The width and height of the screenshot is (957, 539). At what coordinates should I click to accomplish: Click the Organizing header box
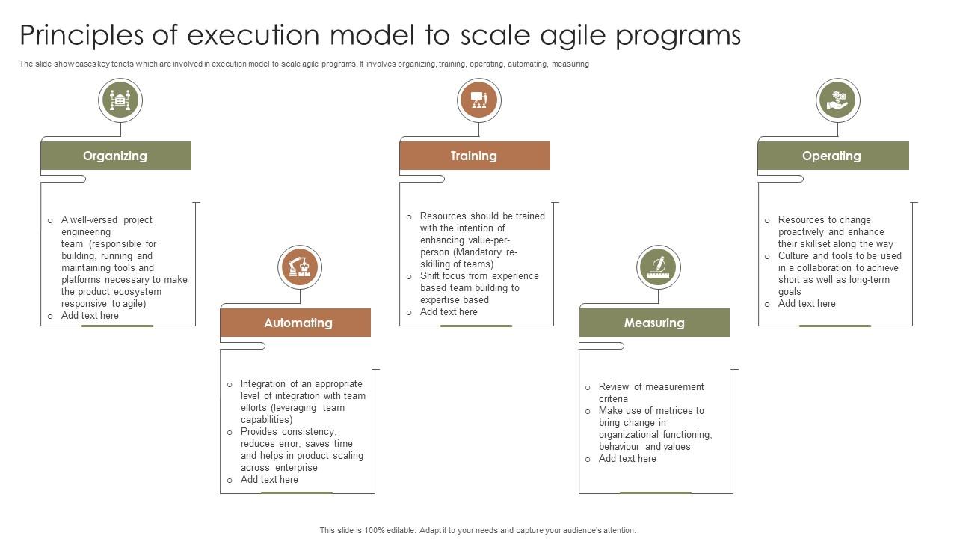coord(116,156)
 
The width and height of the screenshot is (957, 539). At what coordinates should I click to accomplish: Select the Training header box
coord(475,156)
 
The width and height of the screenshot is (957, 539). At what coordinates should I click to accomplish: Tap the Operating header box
coord(833,156)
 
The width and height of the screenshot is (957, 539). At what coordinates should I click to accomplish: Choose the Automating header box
coord(295,323)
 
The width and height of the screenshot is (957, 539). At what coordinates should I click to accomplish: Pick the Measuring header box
coord(654,323)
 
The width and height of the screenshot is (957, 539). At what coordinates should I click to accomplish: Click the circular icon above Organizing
coord(120,100)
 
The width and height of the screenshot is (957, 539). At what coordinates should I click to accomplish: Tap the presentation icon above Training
coord(479,100)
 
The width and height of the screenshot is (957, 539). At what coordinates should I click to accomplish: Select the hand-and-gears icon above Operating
coord(838,100)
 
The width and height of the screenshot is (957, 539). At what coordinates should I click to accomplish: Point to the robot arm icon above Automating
coord(300,267)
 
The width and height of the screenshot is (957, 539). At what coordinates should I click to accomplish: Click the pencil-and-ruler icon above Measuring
coord(659,267)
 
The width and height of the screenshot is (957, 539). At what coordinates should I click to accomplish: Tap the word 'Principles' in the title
coord(81,36)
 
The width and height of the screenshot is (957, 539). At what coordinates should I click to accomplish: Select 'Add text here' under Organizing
coord(90,316)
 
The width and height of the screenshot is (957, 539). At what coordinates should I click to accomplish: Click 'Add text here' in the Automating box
coord(269,480)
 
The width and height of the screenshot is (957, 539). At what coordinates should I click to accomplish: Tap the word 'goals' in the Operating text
coord(790,292)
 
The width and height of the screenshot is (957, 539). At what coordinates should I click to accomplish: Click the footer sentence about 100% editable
coord(478,530)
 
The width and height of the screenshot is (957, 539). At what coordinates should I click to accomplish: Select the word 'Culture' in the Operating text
coord(794,256)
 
